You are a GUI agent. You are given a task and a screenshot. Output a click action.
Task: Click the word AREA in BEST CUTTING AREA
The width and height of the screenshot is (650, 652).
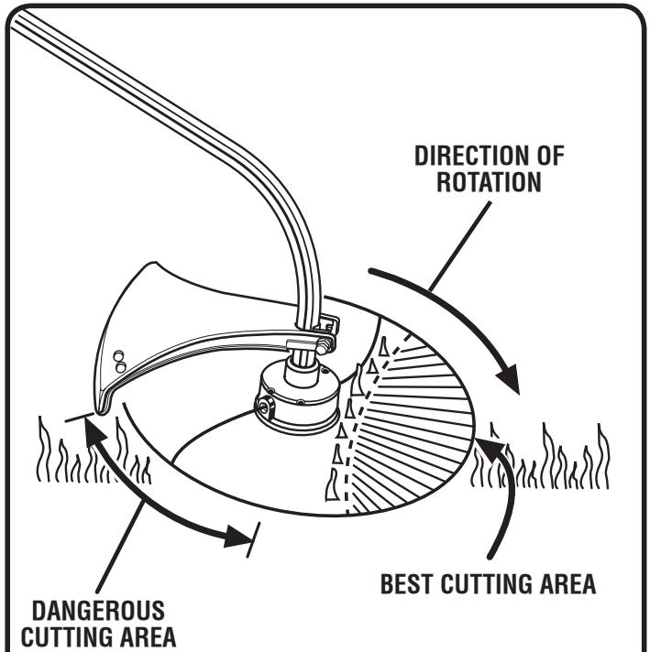coord(573,582)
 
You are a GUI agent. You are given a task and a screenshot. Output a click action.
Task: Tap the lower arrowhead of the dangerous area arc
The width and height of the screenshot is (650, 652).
coord(240,539)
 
